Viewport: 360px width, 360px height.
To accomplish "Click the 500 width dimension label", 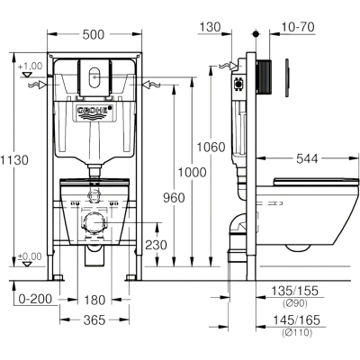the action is tap(94, 34).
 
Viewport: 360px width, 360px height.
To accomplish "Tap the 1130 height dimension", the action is tap(14, 160).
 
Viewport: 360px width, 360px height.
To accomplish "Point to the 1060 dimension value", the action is tap(211, 148).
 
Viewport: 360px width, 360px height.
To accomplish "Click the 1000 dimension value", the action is tap(193, 173).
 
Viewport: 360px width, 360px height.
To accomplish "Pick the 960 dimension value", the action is tap(174, 198).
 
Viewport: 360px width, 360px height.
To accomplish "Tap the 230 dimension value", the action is tap(156, 245).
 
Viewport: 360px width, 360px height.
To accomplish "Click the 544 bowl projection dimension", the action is tap(307, 158).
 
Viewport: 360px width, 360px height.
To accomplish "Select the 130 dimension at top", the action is tap(210, 27).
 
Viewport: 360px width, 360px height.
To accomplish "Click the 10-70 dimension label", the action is tap(298, 27).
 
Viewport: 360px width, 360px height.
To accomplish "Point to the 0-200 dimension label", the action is tap(35, 299).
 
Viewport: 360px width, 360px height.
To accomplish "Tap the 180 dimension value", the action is tap(94, 300).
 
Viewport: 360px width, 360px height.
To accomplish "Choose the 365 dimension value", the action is tap(94, 320).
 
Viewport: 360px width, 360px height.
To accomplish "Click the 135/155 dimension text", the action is tap(294, 291).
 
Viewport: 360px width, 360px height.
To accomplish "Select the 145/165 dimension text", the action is tap(296, 320).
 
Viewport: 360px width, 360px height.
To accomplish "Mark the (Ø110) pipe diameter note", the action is tap(297, 332).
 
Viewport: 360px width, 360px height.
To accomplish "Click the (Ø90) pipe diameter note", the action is tap(295, 303).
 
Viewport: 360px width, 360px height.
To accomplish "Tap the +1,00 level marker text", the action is tap(31, 66).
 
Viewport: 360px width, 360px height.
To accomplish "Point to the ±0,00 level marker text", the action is tap(30, 256).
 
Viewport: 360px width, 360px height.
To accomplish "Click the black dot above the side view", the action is tap(256, 33).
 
